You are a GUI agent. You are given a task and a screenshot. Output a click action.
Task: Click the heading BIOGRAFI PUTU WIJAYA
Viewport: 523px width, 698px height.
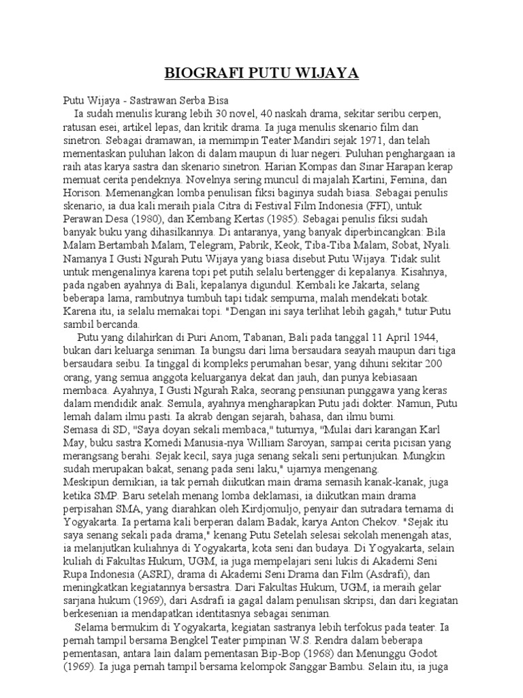261,74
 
